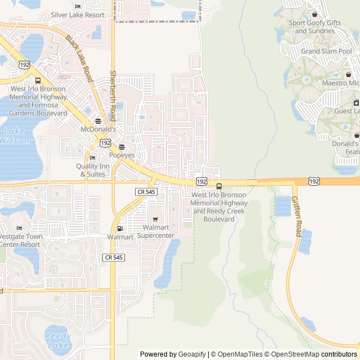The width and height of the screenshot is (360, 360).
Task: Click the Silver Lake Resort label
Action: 78,15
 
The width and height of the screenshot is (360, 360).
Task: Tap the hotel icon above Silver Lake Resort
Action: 78,6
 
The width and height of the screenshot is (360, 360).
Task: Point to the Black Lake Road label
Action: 78,59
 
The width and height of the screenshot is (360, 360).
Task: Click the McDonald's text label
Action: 98,129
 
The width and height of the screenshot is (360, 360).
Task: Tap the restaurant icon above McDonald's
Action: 98,121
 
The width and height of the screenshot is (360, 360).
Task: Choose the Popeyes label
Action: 122,155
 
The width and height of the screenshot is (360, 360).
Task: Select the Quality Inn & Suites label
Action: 93,170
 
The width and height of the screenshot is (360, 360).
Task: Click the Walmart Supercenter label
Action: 156,231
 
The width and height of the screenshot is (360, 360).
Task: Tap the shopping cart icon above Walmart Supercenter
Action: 155,219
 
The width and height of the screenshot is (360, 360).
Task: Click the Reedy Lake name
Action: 57,340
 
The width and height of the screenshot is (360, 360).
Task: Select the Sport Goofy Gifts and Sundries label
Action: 314,26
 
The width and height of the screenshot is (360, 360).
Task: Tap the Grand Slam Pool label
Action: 326,51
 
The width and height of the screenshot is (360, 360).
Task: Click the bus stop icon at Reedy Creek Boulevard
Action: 219,187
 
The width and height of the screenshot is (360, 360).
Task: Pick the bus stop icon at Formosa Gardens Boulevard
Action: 38,80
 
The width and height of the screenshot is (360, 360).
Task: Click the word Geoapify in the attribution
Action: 192,354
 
